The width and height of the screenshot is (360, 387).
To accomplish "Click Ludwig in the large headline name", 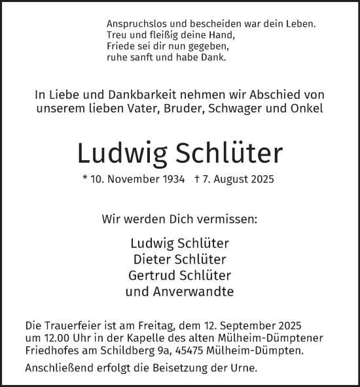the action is coord(121,153).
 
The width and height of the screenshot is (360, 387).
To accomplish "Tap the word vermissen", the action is coord(228,218).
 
